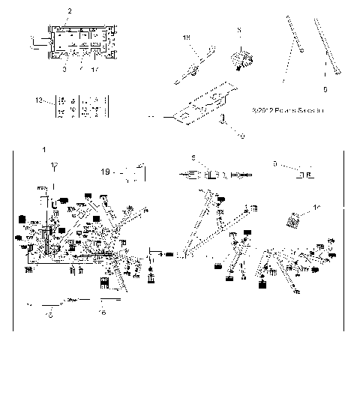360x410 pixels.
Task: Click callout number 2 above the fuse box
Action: tap(70, 12)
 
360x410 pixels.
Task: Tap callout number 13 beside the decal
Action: tap(40, 99)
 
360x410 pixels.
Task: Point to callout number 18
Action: tap(187, 36)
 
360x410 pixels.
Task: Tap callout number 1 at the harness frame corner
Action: tap(46, 150)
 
